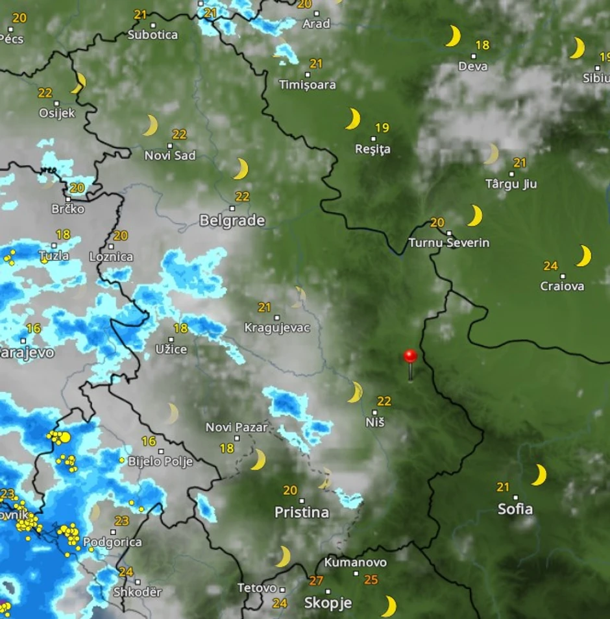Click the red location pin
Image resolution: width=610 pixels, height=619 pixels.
coord(410,357)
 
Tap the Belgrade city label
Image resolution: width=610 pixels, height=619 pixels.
coord(232,221)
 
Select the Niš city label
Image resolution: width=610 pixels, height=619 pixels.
coord(375,422)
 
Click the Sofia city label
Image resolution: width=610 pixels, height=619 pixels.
coord(515,509)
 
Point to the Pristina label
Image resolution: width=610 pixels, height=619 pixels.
coord(301,512)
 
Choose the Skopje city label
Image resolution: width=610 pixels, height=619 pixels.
coord(328,603)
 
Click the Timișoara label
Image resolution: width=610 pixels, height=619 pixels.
coord(308,84)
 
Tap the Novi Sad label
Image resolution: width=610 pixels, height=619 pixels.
coord(170,156)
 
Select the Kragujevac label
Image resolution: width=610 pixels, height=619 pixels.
coord(277,328)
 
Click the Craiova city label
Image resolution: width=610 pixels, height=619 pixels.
coord(562,285)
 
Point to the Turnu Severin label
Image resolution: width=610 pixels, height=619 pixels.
coord(449,243)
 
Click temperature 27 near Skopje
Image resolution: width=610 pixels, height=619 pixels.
coord(316,581)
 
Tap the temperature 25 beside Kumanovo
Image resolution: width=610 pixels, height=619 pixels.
coord(371,579)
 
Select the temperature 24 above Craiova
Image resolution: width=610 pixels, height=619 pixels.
coord(550,266)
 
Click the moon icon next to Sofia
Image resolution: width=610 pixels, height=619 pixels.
coord(539,475)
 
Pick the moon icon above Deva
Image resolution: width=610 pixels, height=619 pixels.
coord(453,36)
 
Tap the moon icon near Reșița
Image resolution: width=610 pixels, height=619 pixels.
coord(353,119)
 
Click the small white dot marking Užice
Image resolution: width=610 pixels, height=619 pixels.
coord(171,339)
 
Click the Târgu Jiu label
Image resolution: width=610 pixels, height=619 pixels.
coord(511,184)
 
